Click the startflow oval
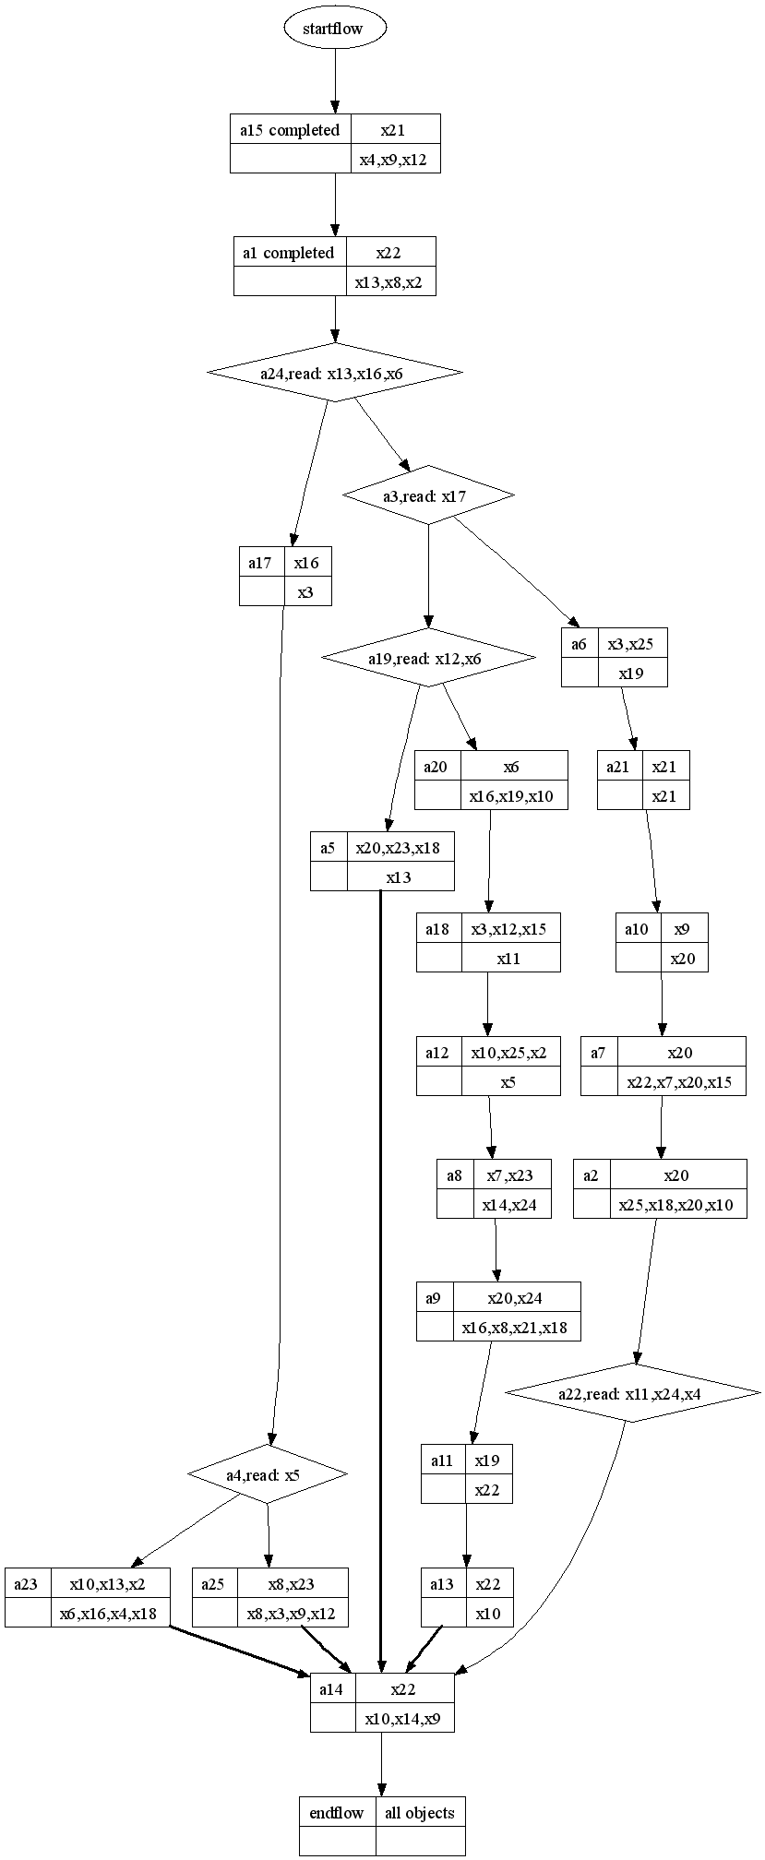[334, 29]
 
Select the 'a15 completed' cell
[290, 130]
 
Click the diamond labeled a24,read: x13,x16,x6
[334, 373]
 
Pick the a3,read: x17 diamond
[427, 496]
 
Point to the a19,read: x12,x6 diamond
[427, 658]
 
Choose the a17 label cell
[261, 563]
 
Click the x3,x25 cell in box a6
[632, 644]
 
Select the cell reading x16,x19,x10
[513, 795]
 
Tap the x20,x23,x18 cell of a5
[400, 848]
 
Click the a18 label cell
[438, 929]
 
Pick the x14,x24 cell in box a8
[511, 1204]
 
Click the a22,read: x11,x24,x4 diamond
[632, 1393]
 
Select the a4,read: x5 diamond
[267, 1475]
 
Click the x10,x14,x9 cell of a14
[403, 1719]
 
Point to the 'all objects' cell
[419, 1813]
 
